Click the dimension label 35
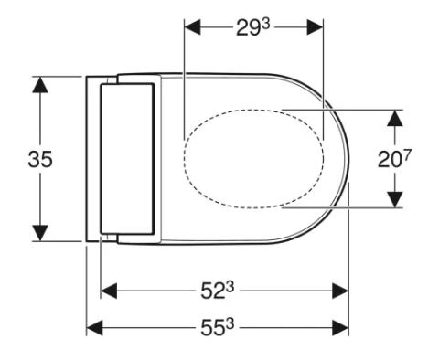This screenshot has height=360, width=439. click(40, 159)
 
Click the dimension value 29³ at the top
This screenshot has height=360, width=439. click(253, 27)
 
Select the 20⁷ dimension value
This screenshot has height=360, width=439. click(394, 158)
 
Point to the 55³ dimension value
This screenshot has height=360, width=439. click(217, 328)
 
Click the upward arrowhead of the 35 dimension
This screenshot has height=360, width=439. click(40, 85)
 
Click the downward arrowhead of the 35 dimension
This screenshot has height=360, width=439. click(40, 233)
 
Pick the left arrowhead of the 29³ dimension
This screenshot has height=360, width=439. click(193, 27)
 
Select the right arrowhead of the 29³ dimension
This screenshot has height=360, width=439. click(315, 27)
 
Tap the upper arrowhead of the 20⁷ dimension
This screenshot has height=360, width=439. click(395, 118)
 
